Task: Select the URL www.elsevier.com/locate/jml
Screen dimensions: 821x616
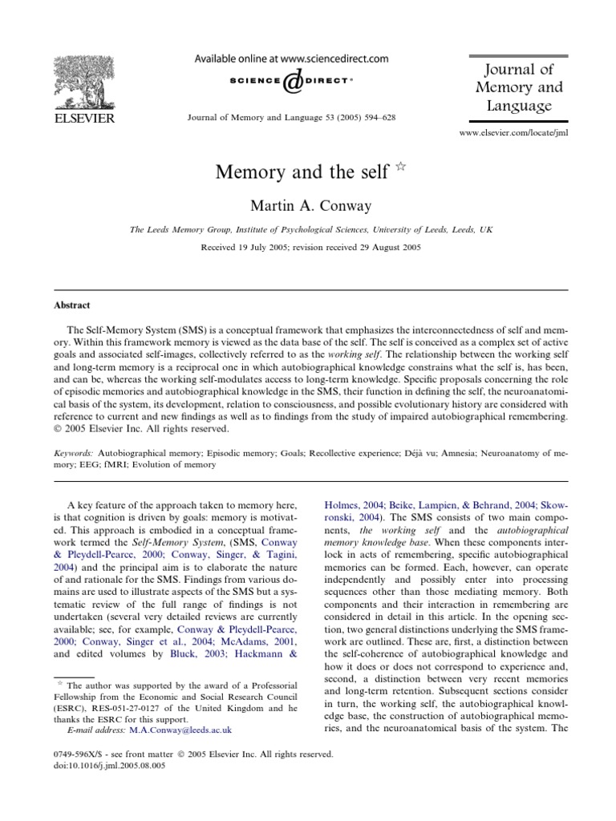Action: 513,132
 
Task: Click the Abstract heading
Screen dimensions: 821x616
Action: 72,305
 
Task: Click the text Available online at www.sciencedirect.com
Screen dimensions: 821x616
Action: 287,59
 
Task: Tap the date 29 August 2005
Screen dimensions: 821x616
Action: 383,247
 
